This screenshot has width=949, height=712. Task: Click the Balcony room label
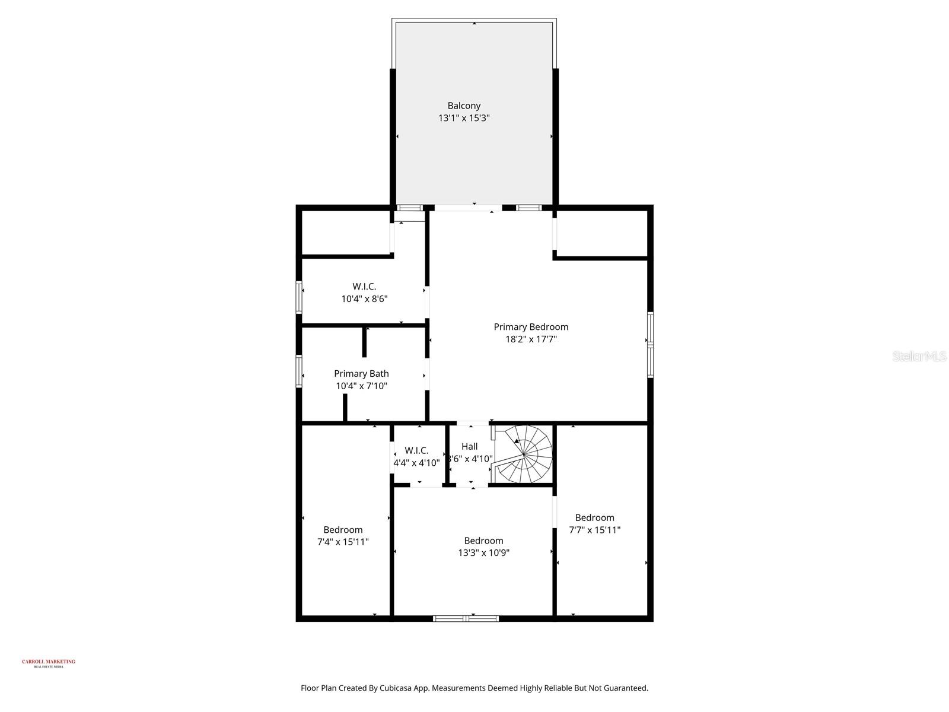coord(464,106)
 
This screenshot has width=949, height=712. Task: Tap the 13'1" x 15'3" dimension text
coord(464,118)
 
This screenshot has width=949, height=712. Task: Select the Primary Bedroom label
coord(531,327)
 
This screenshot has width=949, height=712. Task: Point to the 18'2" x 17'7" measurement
coord(531,339)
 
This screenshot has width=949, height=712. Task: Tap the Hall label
coord(469,447)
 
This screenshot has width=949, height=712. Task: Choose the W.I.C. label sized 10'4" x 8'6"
coord(364,287)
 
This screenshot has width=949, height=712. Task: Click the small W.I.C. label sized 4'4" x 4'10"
coord(416,451)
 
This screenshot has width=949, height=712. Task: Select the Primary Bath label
coord(361,374)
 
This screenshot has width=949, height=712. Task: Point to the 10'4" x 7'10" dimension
coord(361,386)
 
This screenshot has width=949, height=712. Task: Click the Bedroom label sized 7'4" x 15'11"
coord(343,530)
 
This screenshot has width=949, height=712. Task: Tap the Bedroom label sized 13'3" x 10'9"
coord(483,541)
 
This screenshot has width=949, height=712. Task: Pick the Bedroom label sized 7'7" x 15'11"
coord(594,518)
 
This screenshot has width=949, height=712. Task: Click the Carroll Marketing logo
coord(49,663)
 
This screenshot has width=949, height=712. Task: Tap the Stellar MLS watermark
coord(919,357)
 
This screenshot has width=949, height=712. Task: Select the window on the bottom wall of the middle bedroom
coord(466,618)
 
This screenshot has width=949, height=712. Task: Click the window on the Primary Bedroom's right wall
coord(650,344)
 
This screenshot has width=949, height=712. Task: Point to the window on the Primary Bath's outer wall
coord(299,371)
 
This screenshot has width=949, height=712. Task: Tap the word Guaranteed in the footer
coord(626,688)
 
